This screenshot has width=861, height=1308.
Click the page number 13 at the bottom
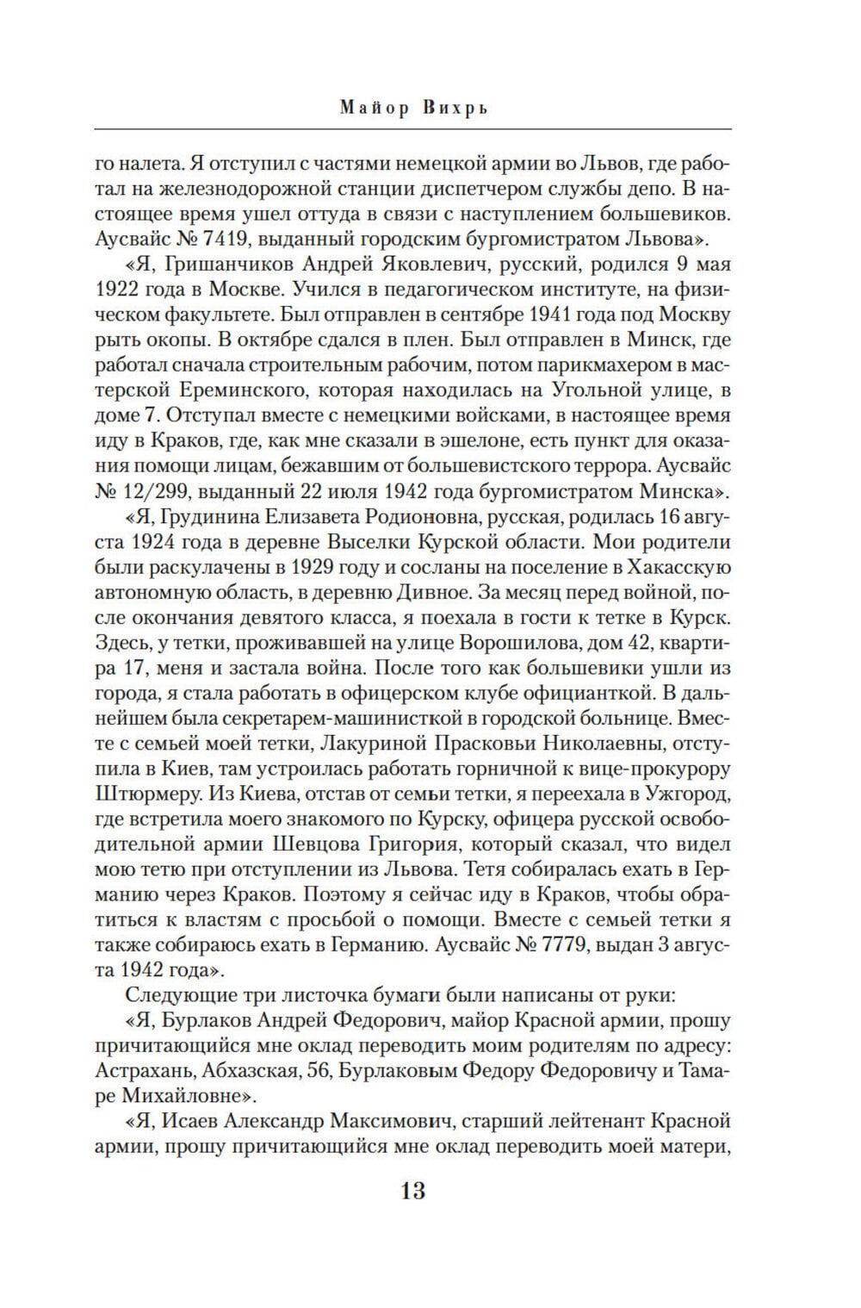[412, 1191]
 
